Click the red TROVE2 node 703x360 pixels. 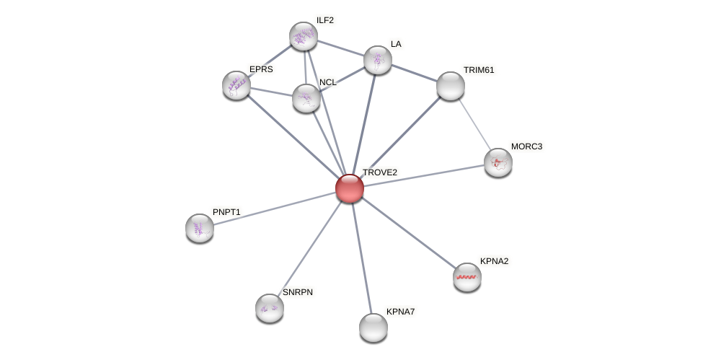tap(350, 188)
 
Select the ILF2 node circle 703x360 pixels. tap(304, 36)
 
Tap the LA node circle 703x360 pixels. tap(378, 60)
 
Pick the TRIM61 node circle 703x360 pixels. tap(451, 86)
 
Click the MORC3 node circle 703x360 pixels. tap(498, 162)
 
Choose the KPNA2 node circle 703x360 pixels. tap(467, 277)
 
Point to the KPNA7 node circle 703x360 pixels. tap(373, 328)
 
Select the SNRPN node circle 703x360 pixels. tap(270, 308)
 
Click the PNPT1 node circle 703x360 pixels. tap(200, 228)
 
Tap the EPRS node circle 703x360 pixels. tap(236, 85)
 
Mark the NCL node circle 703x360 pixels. tap(306, 98)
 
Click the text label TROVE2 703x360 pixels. tap(379, 172)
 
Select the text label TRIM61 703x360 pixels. tap(479, 70)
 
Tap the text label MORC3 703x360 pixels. tap(526, 146)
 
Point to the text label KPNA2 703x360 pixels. tap(494, 261)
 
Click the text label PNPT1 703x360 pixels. tap(226, 212)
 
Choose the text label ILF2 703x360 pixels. tap(325, 20)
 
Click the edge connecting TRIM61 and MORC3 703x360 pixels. tap(474, 123)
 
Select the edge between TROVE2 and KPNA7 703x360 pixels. tap(361, 256)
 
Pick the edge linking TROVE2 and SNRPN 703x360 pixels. tap(311, 247)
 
